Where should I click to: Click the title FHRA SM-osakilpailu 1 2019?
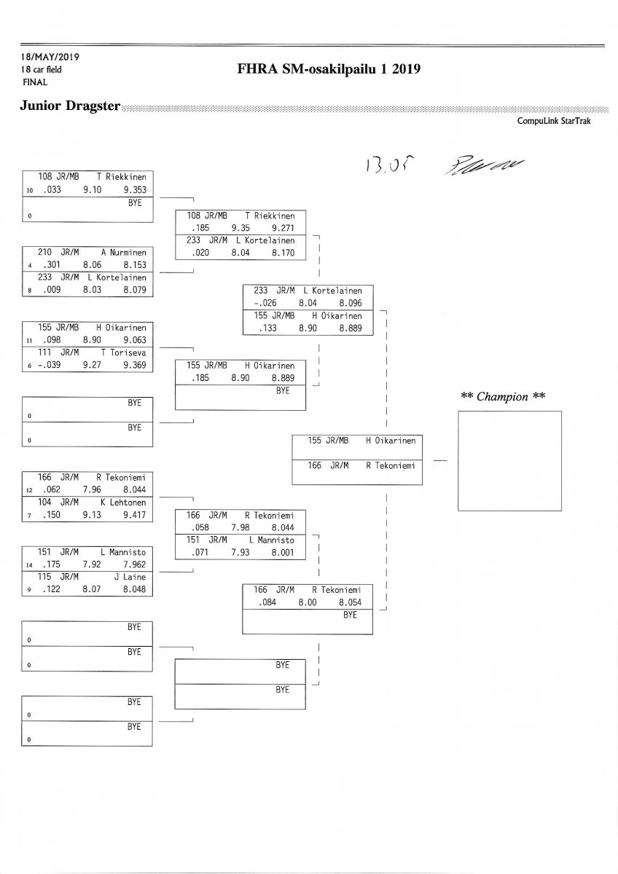click(x=329, y=70)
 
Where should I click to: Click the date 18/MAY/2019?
click(x=50, y=57)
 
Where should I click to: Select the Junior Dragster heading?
click(x=71, y=106)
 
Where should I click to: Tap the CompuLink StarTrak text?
click(x=554, y=121)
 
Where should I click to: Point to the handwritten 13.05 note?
click(x=380, y=168)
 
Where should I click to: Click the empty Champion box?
click(x=509, y=460)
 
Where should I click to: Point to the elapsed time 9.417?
click(x=135, y=515)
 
